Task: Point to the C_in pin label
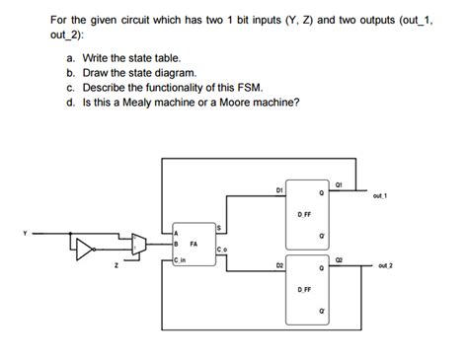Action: click(x=179, y=259)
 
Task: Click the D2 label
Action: click(x=280, y=265)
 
